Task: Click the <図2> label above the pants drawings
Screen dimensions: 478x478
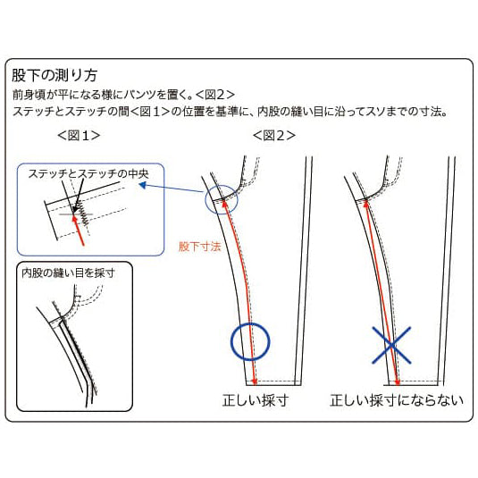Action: pos(273,136)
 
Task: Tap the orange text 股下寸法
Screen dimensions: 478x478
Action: pos(199,245)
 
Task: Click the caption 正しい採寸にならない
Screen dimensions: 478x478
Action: pos(397,400)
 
